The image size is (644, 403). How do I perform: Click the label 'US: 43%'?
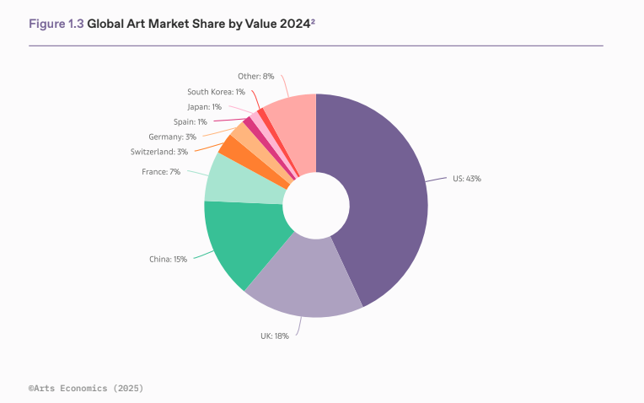466,179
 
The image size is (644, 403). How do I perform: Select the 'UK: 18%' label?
275,336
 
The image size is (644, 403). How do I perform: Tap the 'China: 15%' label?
169,259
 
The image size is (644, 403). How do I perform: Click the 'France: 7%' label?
162,171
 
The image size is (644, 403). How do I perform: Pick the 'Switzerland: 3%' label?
159,152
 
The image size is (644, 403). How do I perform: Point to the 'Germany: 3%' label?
173,137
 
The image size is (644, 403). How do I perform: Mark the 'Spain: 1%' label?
191,122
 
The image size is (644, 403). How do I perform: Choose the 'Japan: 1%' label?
204,107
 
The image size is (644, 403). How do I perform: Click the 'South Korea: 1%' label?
216,91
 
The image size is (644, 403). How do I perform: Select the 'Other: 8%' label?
256,76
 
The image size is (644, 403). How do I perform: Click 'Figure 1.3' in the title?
56,24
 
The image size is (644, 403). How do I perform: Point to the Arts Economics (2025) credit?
85,389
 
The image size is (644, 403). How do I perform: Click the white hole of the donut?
316,206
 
